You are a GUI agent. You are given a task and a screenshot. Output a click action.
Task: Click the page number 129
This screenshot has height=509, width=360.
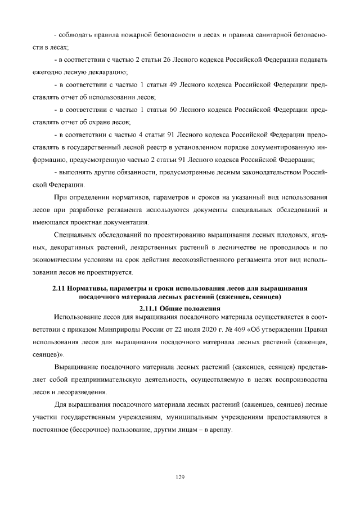pos(180,477)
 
